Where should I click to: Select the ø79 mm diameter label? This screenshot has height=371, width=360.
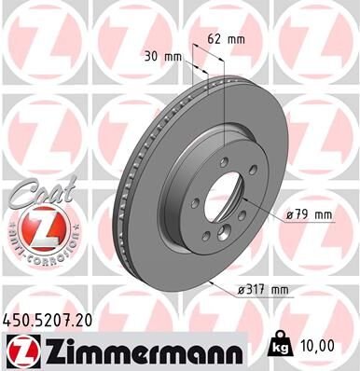point(309,215)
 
